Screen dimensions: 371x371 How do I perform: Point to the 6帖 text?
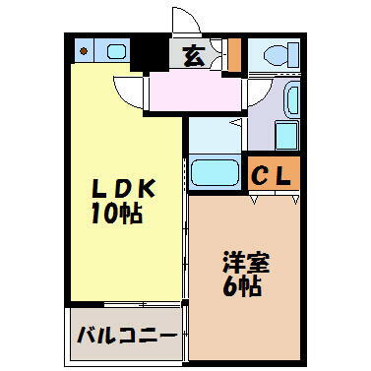tap(243, 289)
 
